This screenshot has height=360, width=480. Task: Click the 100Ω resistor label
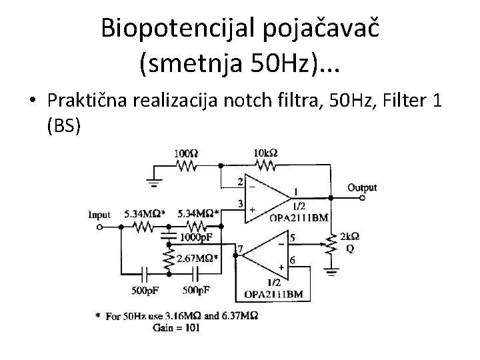click(185, 153)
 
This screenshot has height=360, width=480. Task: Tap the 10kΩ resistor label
click(266, 153)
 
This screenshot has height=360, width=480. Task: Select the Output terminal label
click(362, 188)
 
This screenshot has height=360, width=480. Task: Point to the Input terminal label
click(99, 215)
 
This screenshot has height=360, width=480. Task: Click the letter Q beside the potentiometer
click(350, 248)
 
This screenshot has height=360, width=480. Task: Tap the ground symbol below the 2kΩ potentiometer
click(331, 271)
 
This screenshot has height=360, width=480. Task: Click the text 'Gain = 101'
click(177, 327)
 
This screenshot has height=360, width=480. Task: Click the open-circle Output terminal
click(363, 199)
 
